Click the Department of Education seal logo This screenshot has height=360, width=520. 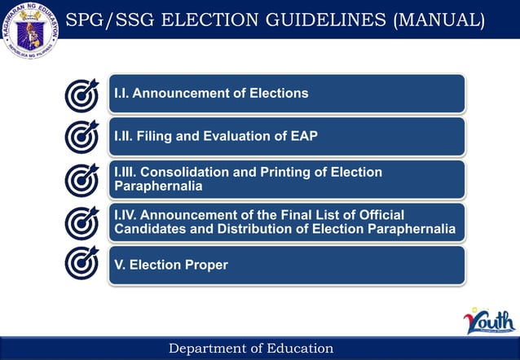click(32, 30)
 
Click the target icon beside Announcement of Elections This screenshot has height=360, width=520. click(82, 94)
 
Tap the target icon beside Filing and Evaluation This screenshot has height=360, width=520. click(82, 137)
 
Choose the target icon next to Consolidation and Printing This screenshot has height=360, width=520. click(82, 179)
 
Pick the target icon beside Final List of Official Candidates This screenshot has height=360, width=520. click(82, 222)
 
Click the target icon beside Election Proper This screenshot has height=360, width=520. click(82, 264)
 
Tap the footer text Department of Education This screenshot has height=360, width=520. click(251, 349)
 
